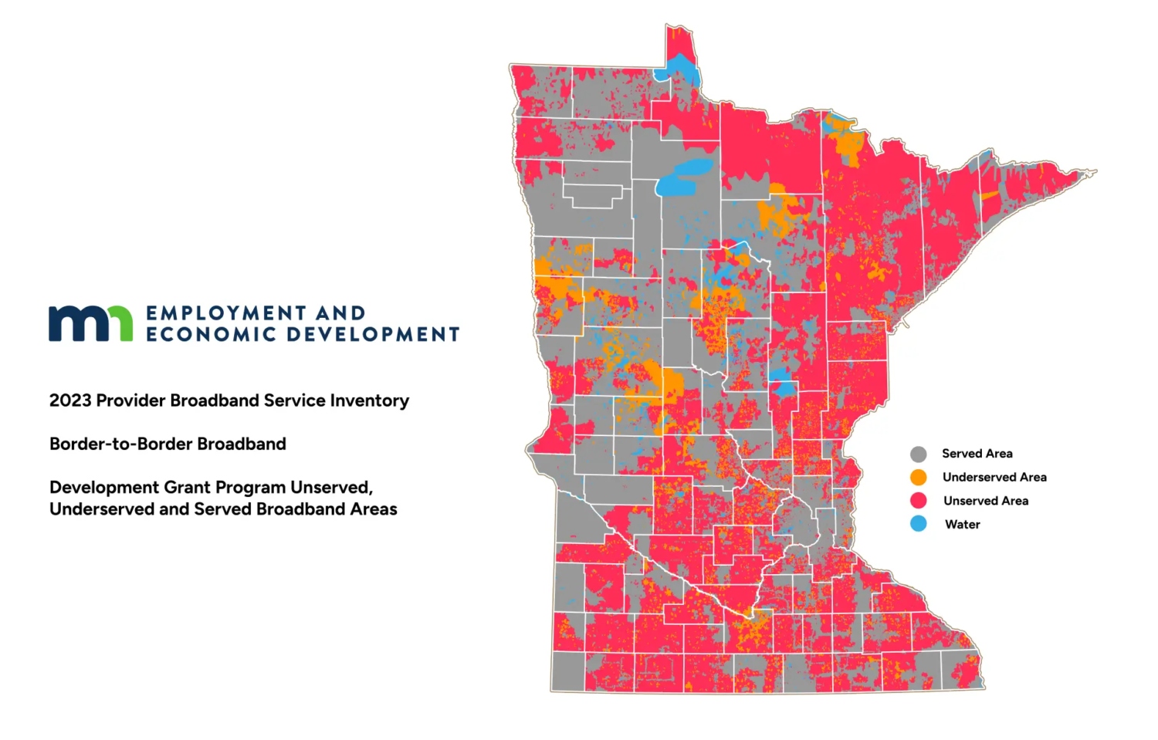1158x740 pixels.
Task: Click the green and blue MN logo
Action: pos(90,323)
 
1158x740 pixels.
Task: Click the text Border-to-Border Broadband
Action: pos(168,444)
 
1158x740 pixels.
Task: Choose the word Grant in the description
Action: pos(191,488)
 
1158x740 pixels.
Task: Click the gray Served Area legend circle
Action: pos(918,454)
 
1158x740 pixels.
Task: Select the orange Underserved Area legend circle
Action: pos(918,477)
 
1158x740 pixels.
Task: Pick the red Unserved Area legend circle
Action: pos(918,500)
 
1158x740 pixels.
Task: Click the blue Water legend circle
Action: pos(918,524)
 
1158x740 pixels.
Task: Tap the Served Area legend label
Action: pos(977,454)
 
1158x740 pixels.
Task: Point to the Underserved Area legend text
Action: pos(994,477)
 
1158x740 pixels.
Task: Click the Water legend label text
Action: pos(962,524)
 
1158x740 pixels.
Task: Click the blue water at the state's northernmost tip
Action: pos(679,69)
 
